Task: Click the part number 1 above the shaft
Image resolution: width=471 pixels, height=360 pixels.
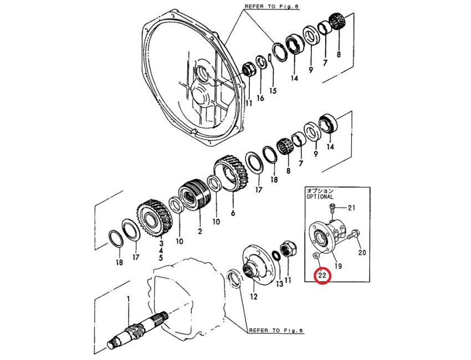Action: tap(129, 299)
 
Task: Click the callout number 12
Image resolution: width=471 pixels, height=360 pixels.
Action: tap(254, 296)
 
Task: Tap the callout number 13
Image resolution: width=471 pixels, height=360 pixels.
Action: tap(279, 284)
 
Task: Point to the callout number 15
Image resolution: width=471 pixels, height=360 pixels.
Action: tap(273, 90)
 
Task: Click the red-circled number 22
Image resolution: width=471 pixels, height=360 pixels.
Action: tap(322, 275)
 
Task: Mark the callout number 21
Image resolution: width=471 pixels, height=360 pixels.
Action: tap(351, 208)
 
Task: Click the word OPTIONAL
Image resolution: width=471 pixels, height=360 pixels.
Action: tap(320, 197)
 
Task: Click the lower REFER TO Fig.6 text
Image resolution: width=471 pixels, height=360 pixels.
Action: tap(277, 331)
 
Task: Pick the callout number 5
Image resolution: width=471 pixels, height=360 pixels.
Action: tap(161, 258)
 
